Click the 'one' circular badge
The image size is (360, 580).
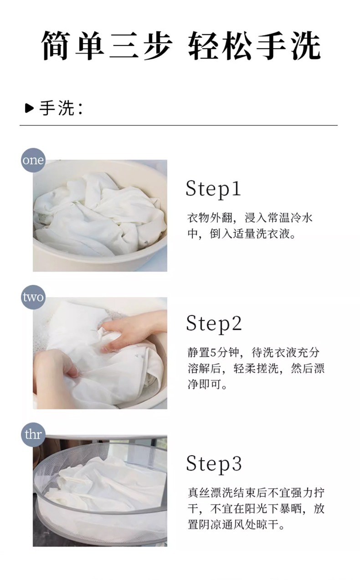point(33,160)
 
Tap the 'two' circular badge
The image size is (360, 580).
point(33,297)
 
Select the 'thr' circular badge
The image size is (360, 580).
point(33,434)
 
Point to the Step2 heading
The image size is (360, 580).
point(214,324)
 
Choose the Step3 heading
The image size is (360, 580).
point(214,464)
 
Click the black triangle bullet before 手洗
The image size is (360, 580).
point(29,108)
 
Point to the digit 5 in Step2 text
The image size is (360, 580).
point(213,352)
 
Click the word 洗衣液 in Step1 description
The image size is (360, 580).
point(273,234)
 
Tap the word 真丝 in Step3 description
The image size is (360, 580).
point(199,492)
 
